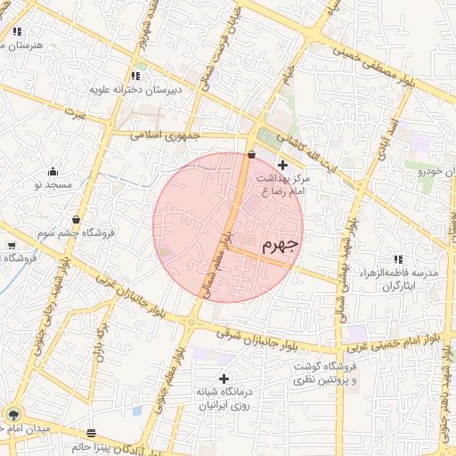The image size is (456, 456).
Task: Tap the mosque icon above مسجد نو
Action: coord(53,171)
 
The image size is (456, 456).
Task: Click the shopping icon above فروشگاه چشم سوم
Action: coord(77,218)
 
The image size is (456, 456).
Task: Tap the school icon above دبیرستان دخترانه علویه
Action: coord(135,76)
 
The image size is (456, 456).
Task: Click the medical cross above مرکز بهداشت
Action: coord(282,164)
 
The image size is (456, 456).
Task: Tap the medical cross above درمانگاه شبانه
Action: coord(223,379)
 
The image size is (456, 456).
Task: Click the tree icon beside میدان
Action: coord(12,414)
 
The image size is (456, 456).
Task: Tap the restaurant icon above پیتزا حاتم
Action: coord(92,432)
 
